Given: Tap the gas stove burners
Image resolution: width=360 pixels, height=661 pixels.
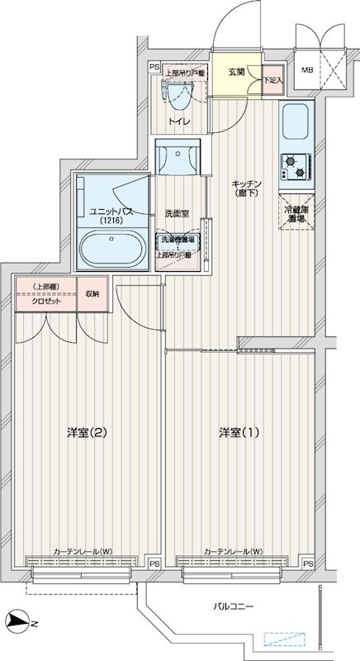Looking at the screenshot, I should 295,167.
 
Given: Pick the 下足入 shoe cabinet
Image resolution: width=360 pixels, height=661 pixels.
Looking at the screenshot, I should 272,79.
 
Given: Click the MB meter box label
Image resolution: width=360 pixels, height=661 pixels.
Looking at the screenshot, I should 307,71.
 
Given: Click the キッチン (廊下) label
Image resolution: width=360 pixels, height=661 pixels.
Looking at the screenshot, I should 246,188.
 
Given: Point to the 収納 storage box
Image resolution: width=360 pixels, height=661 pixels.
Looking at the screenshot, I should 92,294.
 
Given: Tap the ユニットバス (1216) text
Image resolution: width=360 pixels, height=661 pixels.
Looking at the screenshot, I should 111,216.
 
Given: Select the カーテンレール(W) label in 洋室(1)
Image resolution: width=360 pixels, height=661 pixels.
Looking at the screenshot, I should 233,551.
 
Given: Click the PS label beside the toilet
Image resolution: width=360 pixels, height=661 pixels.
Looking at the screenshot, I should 154,68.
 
